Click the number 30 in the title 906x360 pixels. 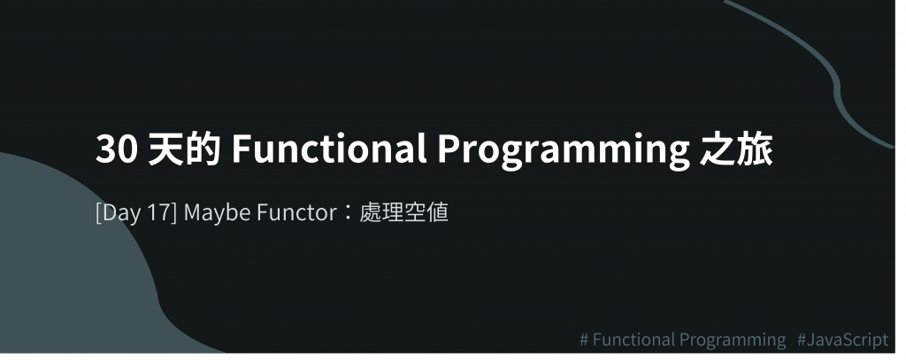tap(117, 149)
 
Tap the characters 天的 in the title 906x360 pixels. tap(184, 149)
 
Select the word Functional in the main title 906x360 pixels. tap(329, 149)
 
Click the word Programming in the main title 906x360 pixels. tap(564, 151)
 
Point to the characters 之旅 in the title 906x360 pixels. tap(737, 149)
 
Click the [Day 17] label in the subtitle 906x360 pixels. tap(136, 212)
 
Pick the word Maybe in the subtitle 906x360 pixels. tap(217, 213)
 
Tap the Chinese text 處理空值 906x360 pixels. tap(403, 212)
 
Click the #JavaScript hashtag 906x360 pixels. tap(842, 340)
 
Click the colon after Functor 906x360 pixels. tap(348, 213)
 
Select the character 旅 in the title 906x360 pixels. tap(756, 149)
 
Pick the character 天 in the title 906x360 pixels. tap(165, 149)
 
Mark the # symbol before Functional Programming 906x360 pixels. tap(585, 340)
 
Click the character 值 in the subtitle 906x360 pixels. tap(438, 212)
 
